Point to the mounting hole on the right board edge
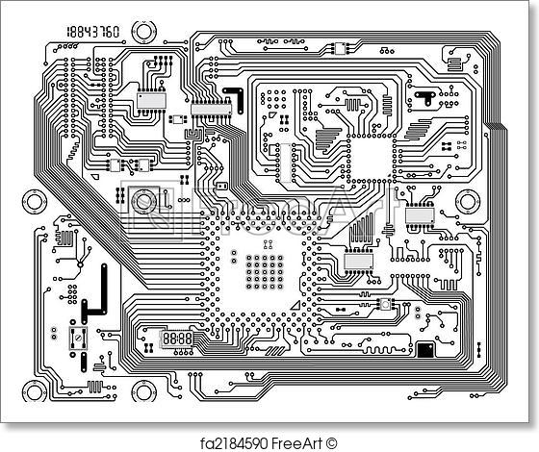(x=469, y=202)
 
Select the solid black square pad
(x=424, y=346)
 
